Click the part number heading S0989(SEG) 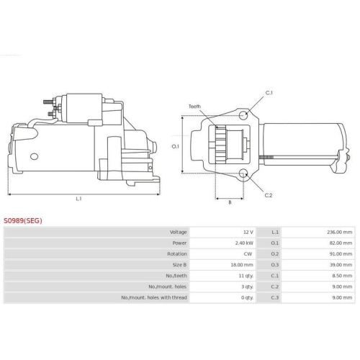pyautogui.click(x=23, y=220)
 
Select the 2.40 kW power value pyautogui.click(x=244, y=243)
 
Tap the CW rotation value pyautogui.click(x=248, y=254)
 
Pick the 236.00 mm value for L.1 pyautogui.click(x=340, y=232)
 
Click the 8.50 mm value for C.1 pyautogui.click(x=342, y=276)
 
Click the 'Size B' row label pyautogui.click(x=179, y=265)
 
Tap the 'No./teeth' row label pyautogui.click(x=176, y=276)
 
